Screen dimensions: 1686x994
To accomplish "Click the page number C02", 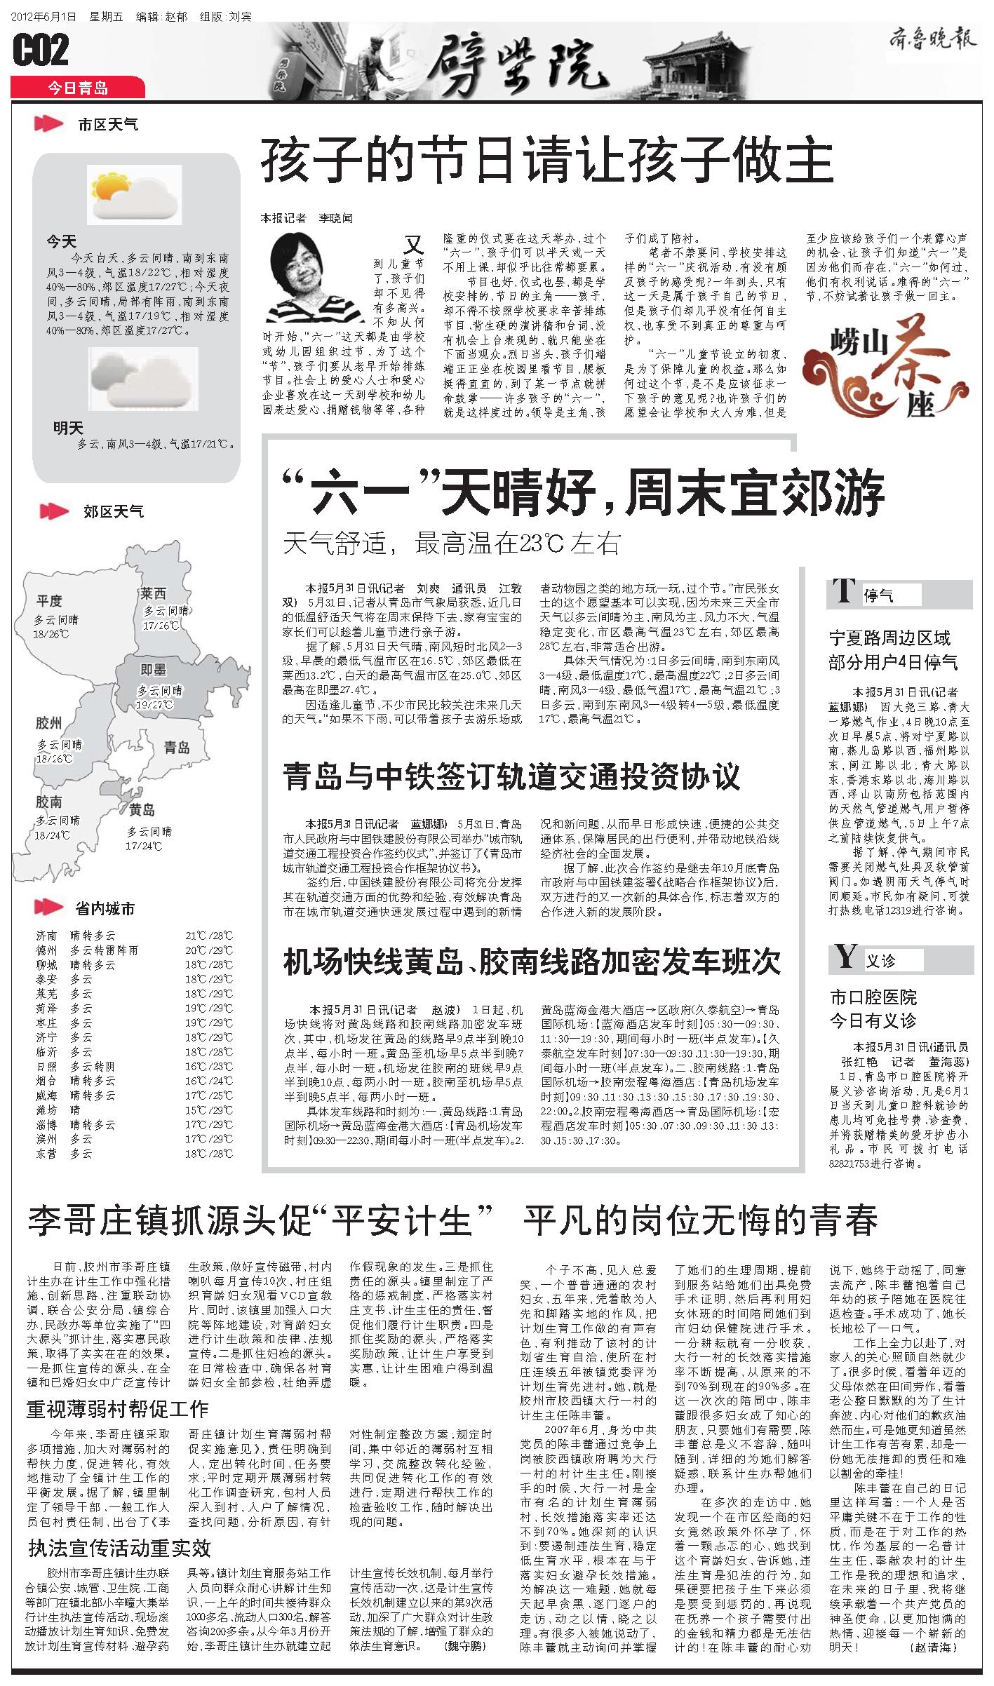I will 41,50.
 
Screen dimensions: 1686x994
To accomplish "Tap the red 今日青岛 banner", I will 77,88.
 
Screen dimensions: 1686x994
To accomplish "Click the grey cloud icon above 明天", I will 144,379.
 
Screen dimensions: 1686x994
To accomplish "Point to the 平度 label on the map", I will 49,601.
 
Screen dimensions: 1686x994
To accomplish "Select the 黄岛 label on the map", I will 141,810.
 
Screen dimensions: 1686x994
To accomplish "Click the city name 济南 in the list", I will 46,936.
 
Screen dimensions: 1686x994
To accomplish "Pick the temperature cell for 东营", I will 208,1153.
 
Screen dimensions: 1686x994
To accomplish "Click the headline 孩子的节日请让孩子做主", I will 546,162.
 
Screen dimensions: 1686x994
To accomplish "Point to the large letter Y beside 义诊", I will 846,957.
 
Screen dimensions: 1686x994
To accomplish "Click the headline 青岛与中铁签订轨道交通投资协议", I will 511,777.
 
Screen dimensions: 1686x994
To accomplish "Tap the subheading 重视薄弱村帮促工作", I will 117,1408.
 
